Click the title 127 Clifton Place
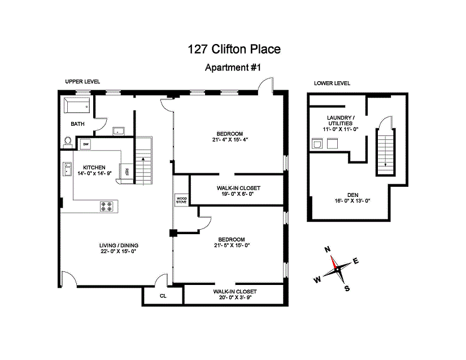[x=233, y=50]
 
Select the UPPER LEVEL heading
[x=82, y=82]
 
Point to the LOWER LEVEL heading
[x=332, y=84]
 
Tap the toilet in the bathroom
[x=68, y=141]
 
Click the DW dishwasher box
[x=86, y=145]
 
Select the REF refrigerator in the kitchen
[x=127, y=172]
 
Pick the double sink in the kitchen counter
[x=66, y=169]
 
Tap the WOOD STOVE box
[x=181, y=200]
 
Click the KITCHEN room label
[x=94, y=168]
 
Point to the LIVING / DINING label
[x=119, y=245]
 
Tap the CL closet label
[x=163, y=296]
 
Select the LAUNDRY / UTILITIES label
[x=339, y=120]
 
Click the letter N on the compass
[x=327, y=249]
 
